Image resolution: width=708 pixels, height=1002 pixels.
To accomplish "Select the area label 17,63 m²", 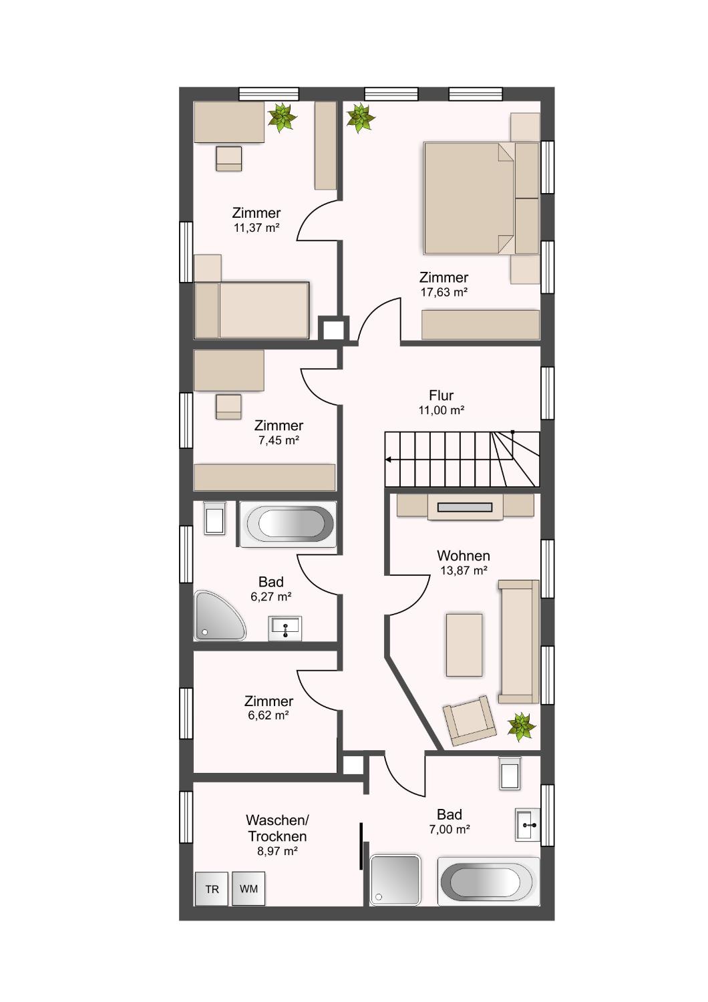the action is (444, 292).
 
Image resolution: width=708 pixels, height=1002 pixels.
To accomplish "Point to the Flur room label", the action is (441, 395).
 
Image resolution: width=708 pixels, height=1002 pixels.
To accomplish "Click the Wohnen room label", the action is (464, 556).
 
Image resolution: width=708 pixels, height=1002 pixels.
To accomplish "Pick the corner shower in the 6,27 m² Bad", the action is (219, 616).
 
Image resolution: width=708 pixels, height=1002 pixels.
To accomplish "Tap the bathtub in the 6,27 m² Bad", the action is (288, 524).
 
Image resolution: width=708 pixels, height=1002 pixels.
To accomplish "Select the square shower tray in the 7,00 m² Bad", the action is (395, 881).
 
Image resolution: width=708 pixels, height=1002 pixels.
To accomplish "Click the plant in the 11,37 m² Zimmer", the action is (282, 118).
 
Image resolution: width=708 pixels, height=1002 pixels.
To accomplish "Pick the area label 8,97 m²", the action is (277, 851).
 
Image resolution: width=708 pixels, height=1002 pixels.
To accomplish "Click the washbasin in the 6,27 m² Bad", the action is (285, 629).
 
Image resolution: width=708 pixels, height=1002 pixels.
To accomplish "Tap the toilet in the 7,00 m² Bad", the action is (510, 774).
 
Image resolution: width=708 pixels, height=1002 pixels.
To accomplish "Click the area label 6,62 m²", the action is (268, 715).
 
